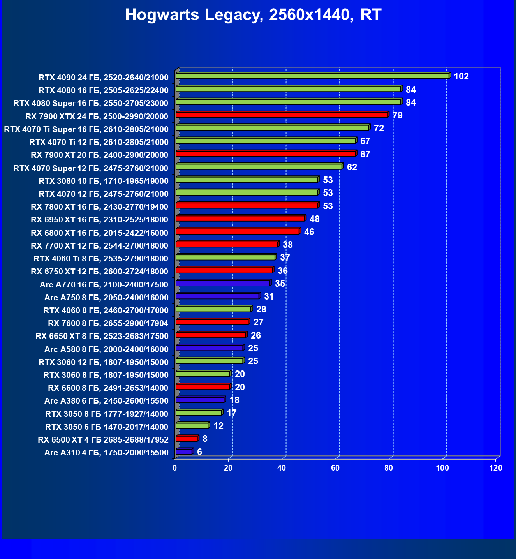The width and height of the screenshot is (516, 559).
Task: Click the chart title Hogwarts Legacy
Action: click(x=253, y=15)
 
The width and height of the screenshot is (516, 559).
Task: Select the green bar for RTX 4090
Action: click(x=312, y=76)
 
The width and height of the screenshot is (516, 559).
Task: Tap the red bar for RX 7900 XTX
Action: click(x=282, y=115)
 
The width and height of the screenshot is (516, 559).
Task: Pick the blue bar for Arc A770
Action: click(x=223, y=283)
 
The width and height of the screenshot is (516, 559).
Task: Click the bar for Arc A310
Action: click(x=184, y=451)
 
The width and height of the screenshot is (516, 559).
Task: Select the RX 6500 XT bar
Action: click(x=187, y=439)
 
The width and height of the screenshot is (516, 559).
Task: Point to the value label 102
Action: click(x=461, y=76)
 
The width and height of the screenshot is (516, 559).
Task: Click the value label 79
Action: click(x=397, y=115)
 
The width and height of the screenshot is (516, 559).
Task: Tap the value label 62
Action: click(x=352, y=167)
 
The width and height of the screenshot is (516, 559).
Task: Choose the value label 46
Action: click(x=309, y=232)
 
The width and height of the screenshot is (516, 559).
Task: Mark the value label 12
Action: click(x=218, y=426)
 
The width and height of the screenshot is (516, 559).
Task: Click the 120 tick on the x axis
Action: click(x=496, y=468)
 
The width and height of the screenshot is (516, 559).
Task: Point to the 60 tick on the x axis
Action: click(x=335, y=468)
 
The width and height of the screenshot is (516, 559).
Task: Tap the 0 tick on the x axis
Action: click(x=175, y=468)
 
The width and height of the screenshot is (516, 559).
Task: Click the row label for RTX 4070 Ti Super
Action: click(x=86, y=129)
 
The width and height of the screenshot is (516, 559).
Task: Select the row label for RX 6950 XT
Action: click(x=99, y=220)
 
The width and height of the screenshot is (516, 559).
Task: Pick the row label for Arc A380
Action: click(x=106, y=401)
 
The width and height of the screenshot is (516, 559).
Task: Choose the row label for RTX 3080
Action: click(x=103, y=181)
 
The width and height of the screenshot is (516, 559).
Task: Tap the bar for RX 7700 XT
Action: click(x=227, y=244)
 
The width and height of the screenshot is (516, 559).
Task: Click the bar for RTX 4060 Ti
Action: click(x=225, y=257)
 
